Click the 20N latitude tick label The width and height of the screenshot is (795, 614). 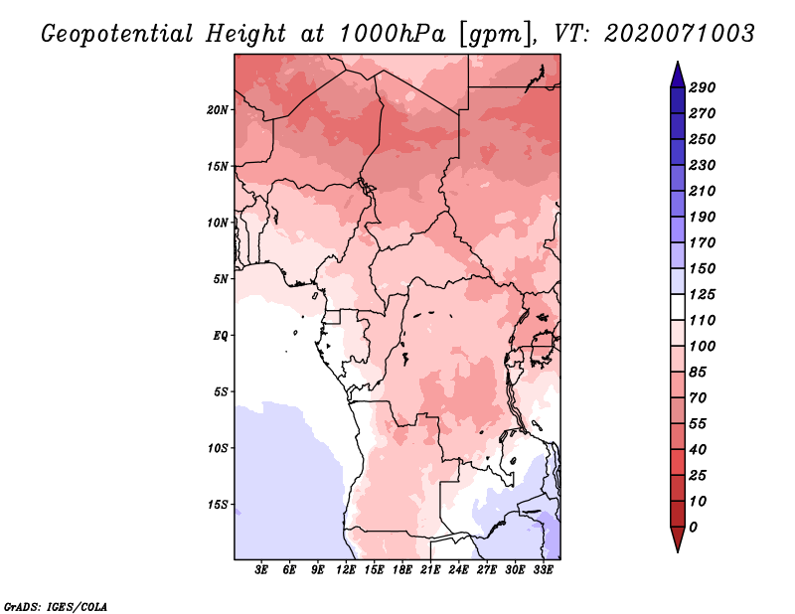click(x=218, y=110)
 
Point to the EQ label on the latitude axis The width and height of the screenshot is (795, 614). click(x=221, y=336)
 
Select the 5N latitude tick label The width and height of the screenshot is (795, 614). click(x=221, y=279)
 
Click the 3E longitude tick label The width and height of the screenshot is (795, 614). click(x=261, y=569)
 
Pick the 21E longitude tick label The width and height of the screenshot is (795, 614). click(x=430, y=569)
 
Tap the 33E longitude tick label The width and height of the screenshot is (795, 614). click(x=543, y=569)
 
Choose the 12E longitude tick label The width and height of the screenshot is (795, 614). click(x=346, y=569)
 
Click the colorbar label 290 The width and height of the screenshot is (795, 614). click(x=702, y=87)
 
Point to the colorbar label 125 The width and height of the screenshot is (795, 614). click(x=702, y=294)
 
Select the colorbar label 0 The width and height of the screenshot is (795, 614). click(x=693, y=528)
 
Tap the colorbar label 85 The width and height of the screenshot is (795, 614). click(x=698, y=373)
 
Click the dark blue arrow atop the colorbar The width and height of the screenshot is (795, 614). click(x=678, y=75)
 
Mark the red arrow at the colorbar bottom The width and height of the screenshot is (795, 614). click(x=678, y=539)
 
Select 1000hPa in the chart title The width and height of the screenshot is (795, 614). click(x=392, y=34)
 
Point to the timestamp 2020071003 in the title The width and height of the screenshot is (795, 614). click(x=680, y=34)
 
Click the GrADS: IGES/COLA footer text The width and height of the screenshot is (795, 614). click(x=56, y=606)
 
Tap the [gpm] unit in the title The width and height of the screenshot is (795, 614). click(x=497, y=35)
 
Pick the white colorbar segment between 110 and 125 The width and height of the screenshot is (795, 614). click(x=678, y=307)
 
